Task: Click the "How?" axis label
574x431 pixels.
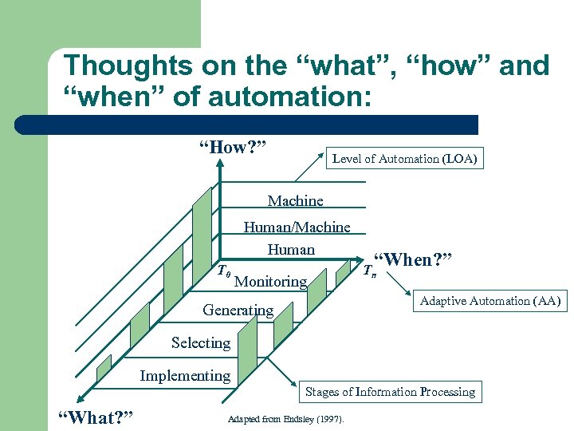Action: [x=232, y=147]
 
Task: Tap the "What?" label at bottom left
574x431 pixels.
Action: [x=96, y=417]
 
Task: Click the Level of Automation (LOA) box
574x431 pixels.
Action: [x=404, y=159]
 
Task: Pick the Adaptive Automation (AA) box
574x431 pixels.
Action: [x=489, y=301]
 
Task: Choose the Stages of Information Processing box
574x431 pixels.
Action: [x=390, y=391]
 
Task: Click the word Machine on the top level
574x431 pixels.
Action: [x=296, y=200]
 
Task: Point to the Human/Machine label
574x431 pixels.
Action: [x=297, y=227]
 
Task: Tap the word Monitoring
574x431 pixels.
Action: [x=271, y=281]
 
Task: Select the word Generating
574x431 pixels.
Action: [x=238, y=310]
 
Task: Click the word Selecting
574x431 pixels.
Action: [x=200, y=342]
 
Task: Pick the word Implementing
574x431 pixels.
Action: [x=185, y=375]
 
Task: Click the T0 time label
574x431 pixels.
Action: [x=224, y=272]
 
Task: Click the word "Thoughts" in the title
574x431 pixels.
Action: [x=128, y=65]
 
